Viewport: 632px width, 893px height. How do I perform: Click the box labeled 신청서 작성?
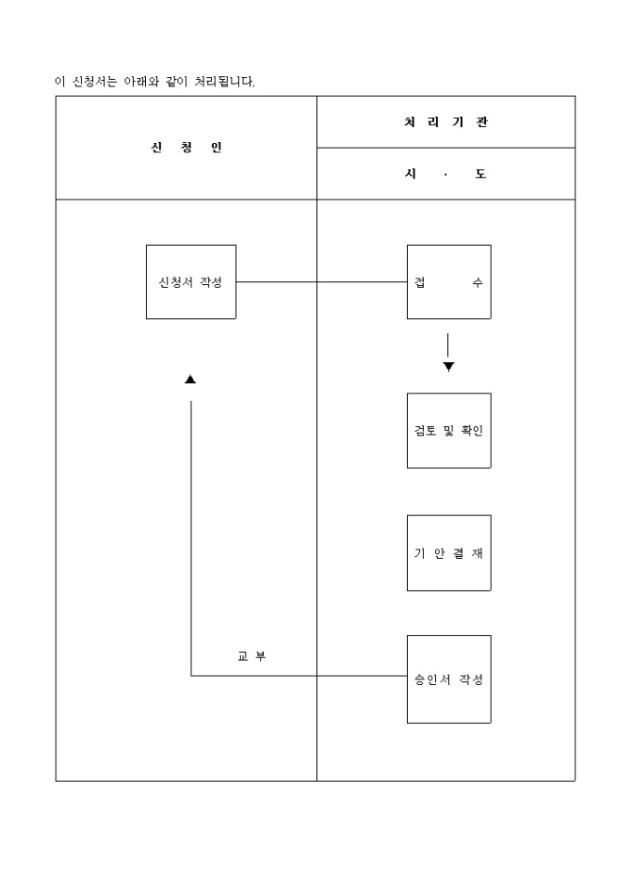(x=191, y=282)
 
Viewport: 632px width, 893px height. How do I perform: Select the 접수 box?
(x=449, y=282)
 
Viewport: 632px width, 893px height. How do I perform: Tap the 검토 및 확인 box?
(x=449, y=431)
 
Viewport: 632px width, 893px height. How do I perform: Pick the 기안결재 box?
(x=449, y=553)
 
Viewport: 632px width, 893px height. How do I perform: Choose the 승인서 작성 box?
(x=449, y=679)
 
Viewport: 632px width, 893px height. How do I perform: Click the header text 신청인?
(x=187, y=148)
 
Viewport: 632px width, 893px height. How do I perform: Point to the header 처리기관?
(x=446, y=123)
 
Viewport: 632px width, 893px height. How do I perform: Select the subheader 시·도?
(x=446, y=174)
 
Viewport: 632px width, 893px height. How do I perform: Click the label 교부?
(x=252, y=656)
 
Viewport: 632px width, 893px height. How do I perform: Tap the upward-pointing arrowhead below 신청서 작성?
(x=191, y=379)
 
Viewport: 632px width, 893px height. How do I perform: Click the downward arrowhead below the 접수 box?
(x=449, y=367)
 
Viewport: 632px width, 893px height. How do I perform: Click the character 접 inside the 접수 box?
(x=420, y=282)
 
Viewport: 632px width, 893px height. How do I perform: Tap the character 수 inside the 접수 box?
(x=477, y=282)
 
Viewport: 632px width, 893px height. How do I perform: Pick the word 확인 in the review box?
(x=472, y=431)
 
